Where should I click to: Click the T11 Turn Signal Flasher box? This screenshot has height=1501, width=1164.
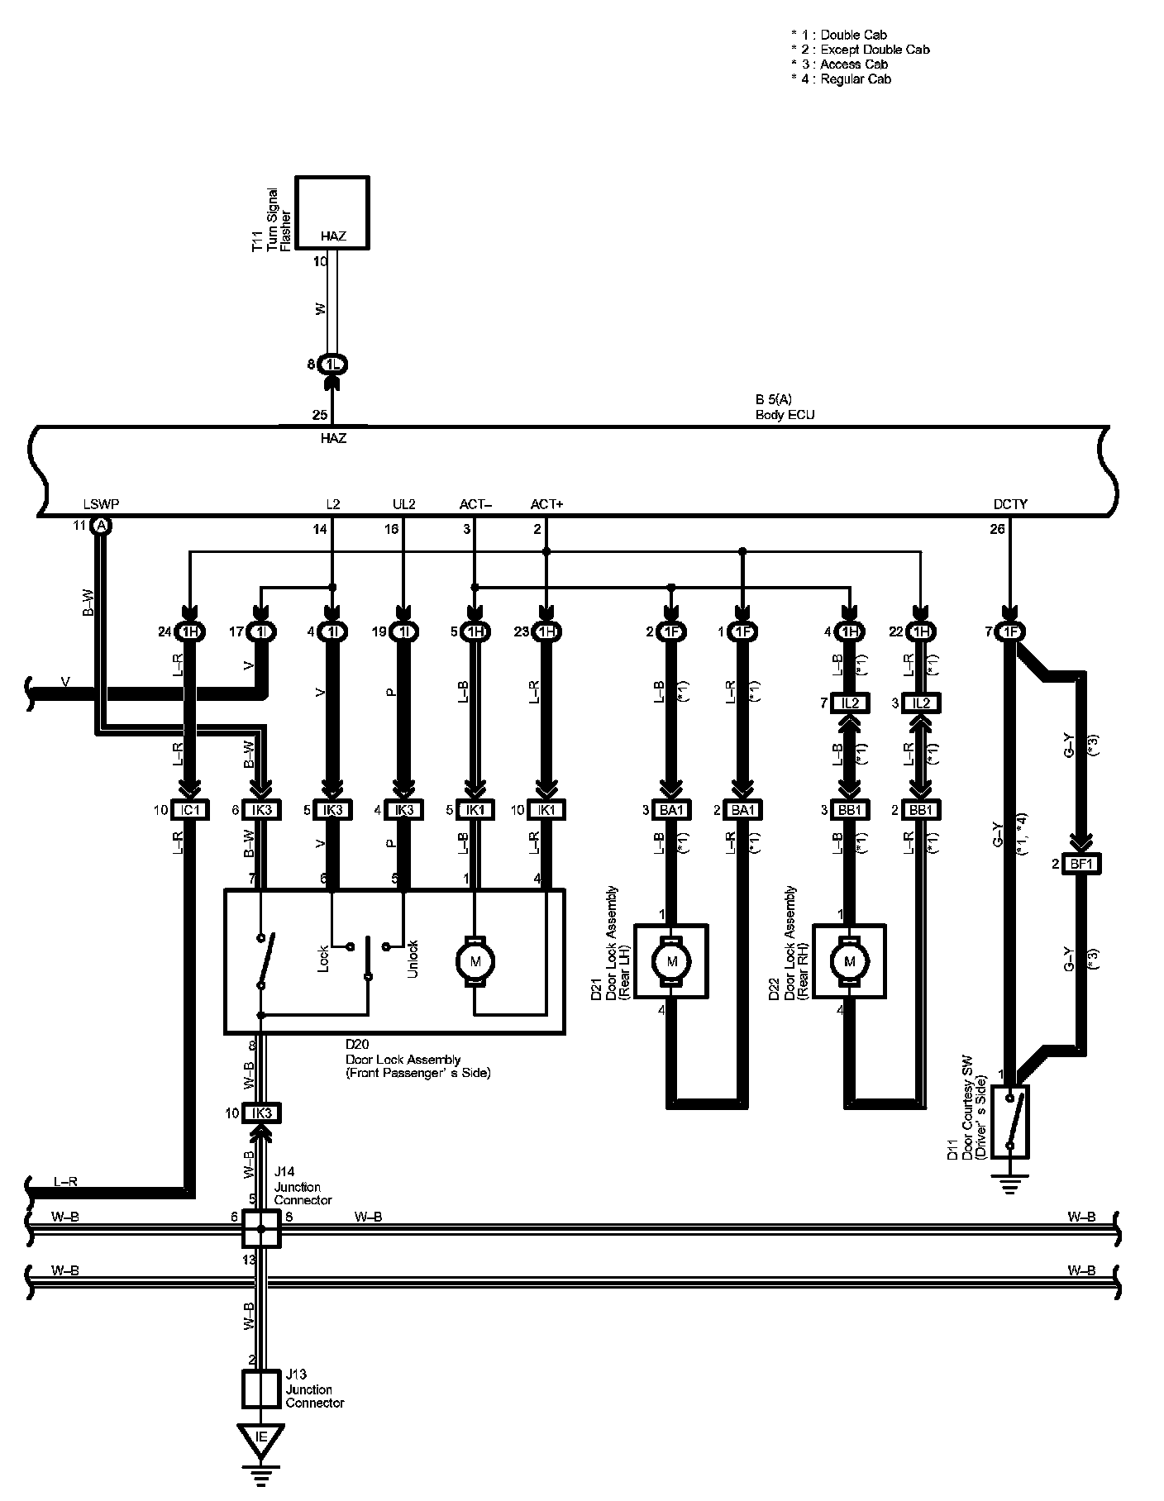pyautogui.click(x=332, y=212)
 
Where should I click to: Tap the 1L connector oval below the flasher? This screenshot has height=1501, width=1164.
pyautogui.click(x=332, y=364)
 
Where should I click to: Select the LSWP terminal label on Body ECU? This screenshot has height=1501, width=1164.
pyautogui.click(x=101, y=504)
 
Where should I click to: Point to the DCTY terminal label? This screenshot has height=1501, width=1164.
pyautogui.click(x=1010, y=504)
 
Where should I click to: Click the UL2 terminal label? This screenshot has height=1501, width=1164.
pyautogui.click(x=403, y=504)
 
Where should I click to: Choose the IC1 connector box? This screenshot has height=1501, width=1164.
pyautogui.click(x=190, y=810)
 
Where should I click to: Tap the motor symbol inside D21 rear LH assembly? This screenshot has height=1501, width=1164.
pyautogui.click(x=671, y=961)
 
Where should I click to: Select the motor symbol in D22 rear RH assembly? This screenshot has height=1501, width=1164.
pyautogui.click(x=849, y=961)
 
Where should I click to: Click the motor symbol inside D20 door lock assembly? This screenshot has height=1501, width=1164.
pyautogui.click(x=475, y=961)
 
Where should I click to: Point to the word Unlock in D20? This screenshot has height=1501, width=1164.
pyautogui.click(x=413, y=959)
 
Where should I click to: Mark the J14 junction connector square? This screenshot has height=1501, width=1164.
pyautogui.click(x=260, y=1228)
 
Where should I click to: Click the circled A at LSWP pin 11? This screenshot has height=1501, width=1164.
pyautogui.click(x=101, y=526)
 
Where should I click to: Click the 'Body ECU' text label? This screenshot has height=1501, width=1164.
pyautogui.click(x=785, y=415)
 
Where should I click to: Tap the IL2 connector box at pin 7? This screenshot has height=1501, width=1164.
pyautogui.click(x=851, y=703)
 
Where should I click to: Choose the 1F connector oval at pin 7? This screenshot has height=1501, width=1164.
pyautogui.click(x=1010, y=632)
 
